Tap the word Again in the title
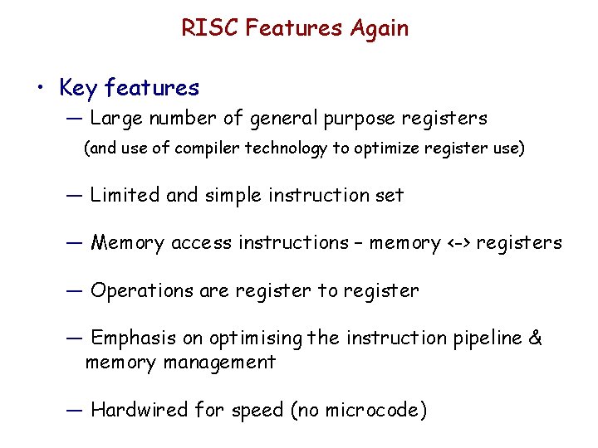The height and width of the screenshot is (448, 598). click(x=379, y=28)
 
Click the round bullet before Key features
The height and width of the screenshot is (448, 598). click(x=38, y=88)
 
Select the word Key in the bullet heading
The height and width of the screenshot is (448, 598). click(x=77, y=88)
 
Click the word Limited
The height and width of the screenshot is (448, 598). click(x=125, y=196)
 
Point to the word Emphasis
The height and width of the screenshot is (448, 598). click(x=133, y=338)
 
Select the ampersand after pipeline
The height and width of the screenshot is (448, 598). click(x=536, y=338)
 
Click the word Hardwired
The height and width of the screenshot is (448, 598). click(x=139, y=410)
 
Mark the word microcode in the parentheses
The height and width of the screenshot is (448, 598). click(x=373, y=410)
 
